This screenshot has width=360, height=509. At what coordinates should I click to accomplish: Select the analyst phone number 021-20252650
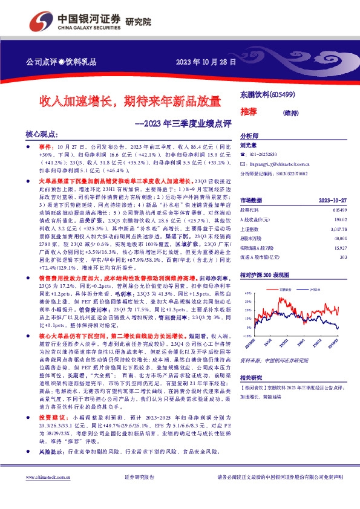pos(264,155)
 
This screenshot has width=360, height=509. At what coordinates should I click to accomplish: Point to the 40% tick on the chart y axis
pos(247,293)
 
